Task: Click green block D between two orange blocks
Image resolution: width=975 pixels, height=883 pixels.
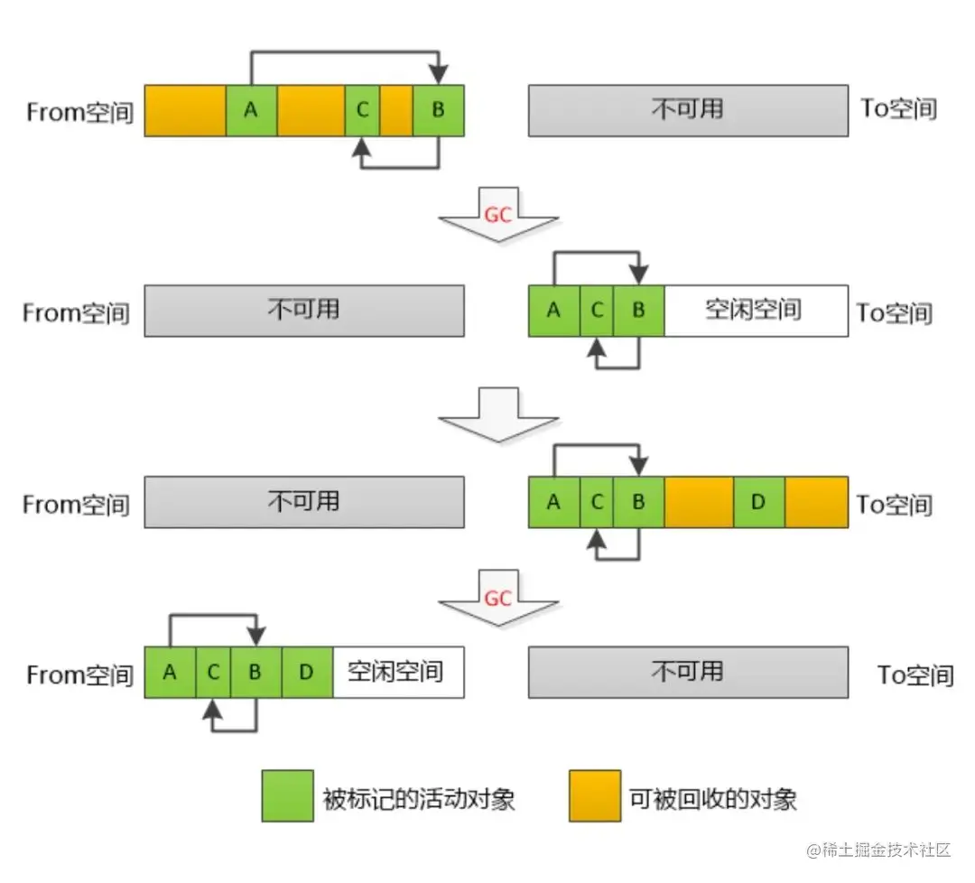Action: (x=758, y=502)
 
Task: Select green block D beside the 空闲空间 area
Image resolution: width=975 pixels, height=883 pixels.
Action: (x=307, y=673)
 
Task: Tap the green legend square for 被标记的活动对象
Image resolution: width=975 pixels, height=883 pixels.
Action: (x=288, y=795)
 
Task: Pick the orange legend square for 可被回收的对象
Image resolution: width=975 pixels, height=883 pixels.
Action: (x=595, y=795)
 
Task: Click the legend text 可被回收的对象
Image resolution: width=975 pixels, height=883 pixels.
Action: (x=713, y=798)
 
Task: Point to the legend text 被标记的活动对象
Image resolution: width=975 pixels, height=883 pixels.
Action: (x=419, y=798)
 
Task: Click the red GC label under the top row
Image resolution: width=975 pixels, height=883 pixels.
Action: (x=498, y=216)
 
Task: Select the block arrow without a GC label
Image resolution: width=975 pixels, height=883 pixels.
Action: (x=498, y=414)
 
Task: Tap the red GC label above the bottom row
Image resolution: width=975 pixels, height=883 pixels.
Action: (x=498, y=598)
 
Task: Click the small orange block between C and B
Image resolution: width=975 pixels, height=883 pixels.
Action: (x=396, y=110)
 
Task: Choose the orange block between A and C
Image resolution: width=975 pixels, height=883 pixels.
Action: (x=311, y=110)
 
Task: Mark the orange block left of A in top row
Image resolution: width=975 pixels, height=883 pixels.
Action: (x=185, y=110)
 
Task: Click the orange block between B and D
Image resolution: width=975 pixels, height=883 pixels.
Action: (x=699, y=502)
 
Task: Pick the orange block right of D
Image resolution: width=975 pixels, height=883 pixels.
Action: (x=816, y=502)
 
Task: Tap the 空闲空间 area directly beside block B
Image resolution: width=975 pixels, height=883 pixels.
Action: (x=755, y=311)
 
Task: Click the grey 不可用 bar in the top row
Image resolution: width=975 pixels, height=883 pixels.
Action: (x=688, y=110)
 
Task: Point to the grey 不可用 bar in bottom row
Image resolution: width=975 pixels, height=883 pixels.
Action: (x=688, y=672)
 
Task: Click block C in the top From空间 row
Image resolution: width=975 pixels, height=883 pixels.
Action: (x=362, y=110)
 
